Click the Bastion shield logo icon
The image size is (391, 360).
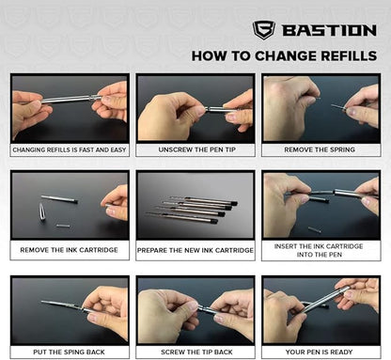coord(263,29)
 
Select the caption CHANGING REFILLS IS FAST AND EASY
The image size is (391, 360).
coord(70,149)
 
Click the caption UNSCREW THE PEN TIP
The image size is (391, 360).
coord(195,149)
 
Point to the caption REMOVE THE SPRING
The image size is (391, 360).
coord(320,149)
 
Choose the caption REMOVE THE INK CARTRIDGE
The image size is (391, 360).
coord(70,251)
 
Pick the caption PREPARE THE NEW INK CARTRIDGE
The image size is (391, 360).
coord(195,251)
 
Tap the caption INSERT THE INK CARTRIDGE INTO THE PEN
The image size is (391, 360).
coord(320,251)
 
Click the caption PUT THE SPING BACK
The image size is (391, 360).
coord(70,352)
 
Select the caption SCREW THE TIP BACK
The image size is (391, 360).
coord(195,352)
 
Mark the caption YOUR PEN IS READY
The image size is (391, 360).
coord(320,352)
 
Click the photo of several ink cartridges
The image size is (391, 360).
coord(195,206)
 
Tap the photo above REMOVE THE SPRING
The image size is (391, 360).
coord(320,108)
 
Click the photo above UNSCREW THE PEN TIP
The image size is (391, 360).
coord(195,108)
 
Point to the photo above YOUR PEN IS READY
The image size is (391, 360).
coord(320,309)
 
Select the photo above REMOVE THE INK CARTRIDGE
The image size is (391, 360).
coord(70,206)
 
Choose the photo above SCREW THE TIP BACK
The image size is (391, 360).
coord(195,309)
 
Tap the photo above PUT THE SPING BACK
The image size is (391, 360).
coord(70,309)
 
